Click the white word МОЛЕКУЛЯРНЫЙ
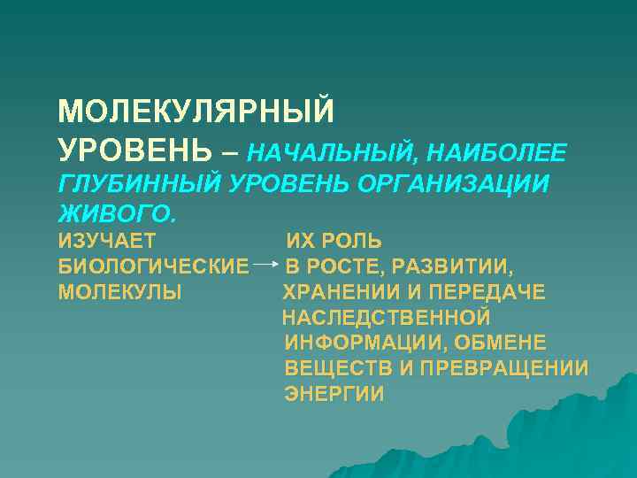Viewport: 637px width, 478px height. click(196, 112)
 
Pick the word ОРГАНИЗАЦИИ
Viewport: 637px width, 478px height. click(459, 184)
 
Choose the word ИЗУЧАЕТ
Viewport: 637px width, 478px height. click(107, 241)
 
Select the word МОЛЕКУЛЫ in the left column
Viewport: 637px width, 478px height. click(120, 292)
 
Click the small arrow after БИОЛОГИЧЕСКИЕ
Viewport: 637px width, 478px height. click(265, 265)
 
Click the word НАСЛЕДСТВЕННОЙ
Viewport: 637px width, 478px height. click(386, 318)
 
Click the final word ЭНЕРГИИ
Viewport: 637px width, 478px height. click(334, 395)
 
